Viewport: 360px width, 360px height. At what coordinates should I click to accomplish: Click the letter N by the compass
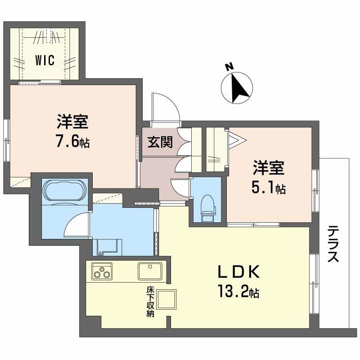click(229, 67)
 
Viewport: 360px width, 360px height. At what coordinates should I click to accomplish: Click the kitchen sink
click(150, 271)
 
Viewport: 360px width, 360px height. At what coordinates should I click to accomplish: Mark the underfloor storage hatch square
click(167, 298)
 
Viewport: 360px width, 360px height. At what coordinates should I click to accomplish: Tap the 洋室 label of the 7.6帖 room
click(72, 121)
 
